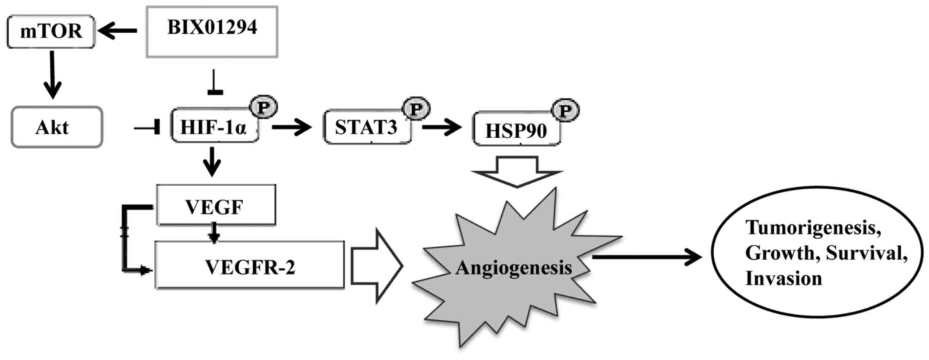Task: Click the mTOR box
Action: click(51, 32)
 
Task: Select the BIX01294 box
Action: click(212, 32)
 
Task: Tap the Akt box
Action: click(57, 127)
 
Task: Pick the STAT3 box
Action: click(366, 127)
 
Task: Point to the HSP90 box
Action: click(516, 130)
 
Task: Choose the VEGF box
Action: click(215, 206)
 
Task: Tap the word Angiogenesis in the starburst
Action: click(513, 268)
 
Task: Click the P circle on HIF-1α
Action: click(263, 107)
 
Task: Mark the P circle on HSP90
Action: click(565, 111)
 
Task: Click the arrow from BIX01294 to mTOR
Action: click(117, 31)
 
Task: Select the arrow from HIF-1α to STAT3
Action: click(292, 127)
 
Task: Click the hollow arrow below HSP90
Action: click(517, 171)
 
